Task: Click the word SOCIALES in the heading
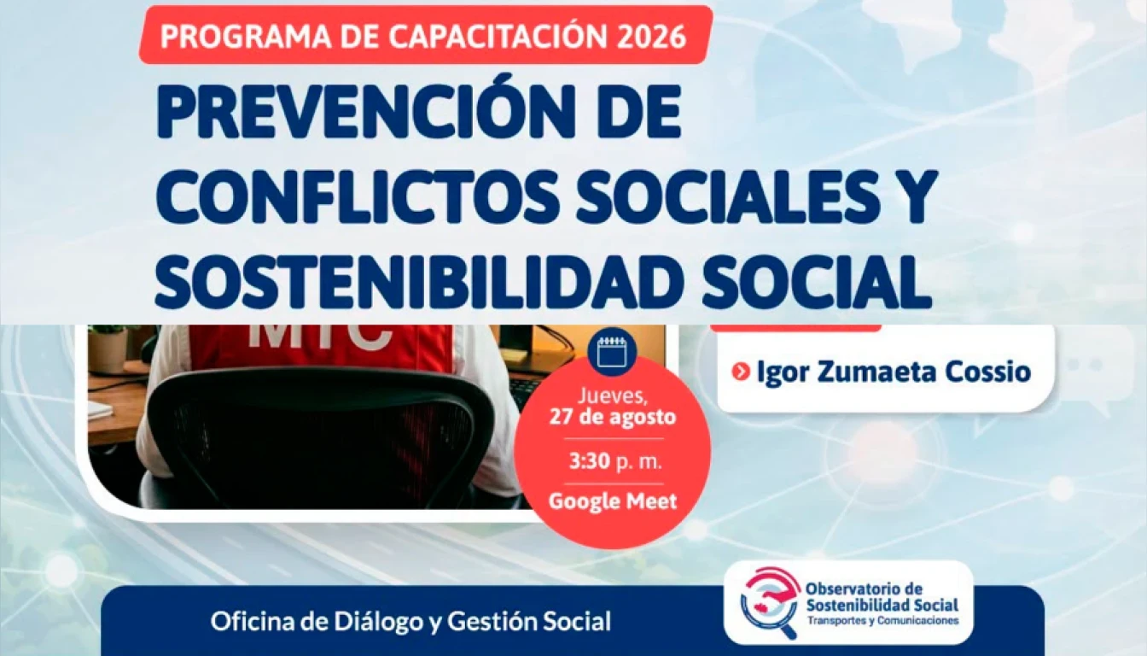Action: [718, 196]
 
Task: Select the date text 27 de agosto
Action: [613, 417]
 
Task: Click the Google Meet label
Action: [613, 501]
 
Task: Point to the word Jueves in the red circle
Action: [613, 395]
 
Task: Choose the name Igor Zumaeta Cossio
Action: [894, 372]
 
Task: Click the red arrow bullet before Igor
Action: [741, 372]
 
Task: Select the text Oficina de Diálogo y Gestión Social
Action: [410, 622]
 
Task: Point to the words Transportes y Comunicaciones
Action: [882, 621]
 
